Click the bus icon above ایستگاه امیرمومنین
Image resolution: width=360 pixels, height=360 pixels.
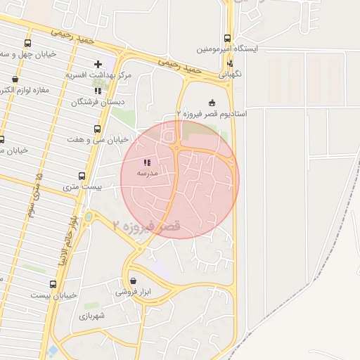click(227, 39)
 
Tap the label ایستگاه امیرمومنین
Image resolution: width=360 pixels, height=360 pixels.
click(227, 50)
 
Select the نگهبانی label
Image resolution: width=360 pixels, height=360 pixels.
click(231, 73)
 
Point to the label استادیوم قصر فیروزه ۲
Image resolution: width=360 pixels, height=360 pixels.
click(211, 113)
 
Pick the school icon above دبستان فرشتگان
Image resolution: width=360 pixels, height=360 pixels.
click(98, 91)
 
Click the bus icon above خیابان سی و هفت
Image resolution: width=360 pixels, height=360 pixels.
click(97, 129)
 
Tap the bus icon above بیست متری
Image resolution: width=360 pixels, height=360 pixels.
click(82, 176)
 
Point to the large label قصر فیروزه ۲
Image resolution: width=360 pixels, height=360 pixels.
click(147, 226)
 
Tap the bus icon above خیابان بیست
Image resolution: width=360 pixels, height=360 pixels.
click(53, 285)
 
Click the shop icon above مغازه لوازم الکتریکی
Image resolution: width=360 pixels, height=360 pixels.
click(15, 79)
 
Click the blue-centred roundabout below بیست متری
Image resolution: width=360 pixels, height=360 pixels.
click(89, 217)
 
